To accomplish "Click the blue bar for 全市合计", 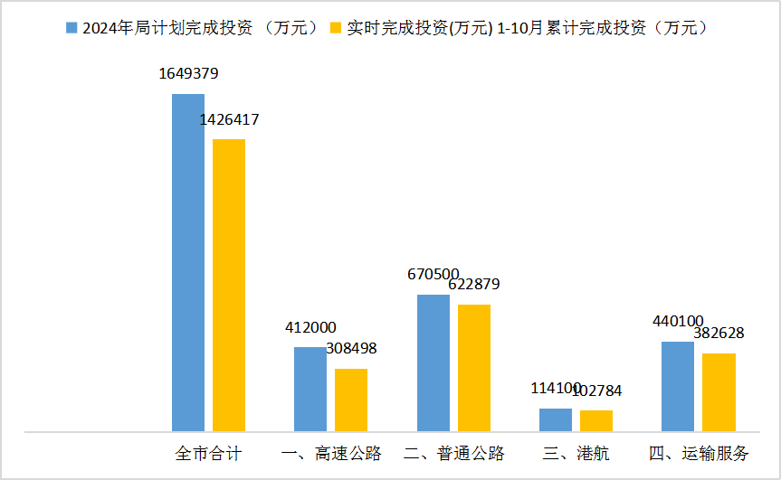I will click(x=188, y=262).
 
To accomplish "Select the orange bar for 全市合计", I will click(x=229, y=285).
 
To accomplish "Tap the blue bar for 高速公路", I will click(x=310, y=389).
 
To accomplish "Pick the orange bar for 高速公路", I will click(x=351, y=400).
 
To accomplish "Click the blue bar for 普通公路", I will click(x=433, y=362).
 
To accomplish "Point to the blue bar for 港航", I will click(x=556, y=419).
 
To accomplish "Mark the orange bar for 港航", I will click(x=596, y=420).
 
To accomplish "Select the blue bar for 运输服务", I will click(x=678, y=386).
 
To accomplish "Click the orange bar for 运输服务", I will click(x=719, y=391).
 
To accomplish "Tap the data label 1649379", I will click(x=188, y=74).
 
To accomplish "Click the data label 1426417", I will click(x=229, y=119).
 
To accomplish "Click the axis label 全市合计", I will click(x=208, y=453).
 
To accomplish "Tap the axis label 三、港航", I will click(x=576, y=453).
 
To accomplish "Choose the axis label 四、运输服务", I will click(x=699, y=453).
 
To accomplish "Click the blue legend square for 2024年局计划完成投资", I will click(x=71, y=28).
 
